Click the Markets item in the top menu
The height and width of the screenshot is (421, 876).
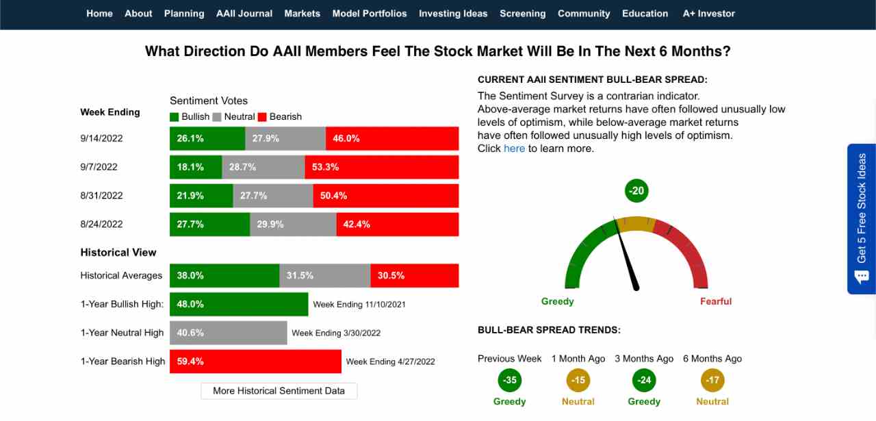click(302, 14)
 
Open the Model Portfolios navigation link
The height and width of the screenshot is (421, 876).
click(369, 14)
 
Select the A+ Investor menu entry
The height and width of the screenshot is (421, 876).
click(708, 14)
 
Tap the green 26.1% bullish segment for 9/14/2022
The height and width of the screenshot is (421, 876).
click(207, 138)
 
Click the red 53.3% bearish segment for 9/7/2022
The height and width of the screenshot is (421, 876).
click(381, 167)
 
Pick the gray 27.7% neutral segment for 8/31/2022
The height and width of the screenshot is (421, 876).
click(273, 196)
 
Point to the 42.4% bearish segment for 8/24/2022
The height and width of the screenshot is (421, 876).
click(397, 225)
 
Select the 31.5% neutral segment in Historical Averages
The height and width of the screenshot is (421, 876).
click(324, 276)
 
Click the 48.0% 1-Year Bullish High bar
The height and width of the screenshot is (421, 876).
click(239, 305)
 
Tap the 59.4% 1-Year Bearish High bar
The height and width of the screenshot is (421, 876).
click(255, 361)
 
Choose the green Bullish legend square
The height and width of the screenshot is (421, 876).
click(175, 117)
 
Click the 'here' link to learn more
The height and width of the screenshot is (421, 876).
click(514, 149)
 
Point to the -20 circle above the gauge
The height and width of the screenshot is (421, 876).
click(636, 191)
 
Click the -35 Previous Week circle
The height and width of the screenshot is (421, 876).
click(509, 381)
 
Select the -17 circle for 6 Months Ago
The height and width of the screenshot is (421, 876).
click(712, 381)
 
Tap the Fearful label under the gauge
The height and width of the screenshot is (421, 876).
click(715, 302)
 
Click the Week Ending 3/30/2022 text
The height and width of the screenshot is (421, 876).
click(336, 333)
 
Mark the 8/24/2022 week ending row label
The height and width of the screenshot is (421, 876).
click(101, 225)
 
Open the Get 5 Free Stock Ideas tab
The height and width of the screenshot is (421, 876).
click(861, 218)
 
